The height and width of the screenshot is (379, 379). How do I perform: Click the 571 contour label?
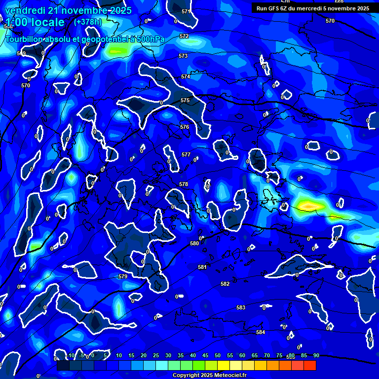click(186, 11)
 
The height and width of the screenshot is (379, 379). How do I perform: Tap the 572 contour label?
click(184, 37)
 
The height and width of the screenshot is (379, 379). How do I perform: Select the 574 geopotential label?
click(186, 77)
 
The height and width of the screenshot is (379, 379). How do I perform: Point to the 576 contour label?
click(185, 127)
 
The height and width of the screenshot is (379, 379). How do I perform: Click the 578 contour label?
click(184, 185)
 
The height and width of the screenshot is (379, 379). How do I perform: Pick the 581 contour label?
click(202, 267)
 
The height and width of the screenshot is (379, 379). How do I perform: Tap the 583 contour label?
click(241, 308)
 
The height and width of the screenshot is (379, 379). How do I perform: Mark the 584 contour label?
click(261, 333)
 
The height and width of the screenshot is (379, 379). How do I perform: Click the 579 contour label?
click(123, 277)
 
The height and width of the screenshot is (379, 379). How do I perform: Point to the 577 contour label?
click(186, 155)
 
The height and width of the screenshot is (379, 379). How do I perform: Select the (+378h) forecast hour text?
click(87, 22)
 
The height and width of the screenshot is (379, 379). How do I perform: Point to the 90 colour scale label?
click(316, 356)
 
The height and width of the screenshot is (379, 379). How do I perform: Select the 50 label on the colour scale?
click(218, 356)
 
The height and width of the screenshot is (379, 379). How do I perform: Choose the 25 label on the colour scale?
click(156, 356)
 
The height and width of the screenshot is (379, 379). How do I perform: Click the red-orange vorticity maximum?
click(307, 204)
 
